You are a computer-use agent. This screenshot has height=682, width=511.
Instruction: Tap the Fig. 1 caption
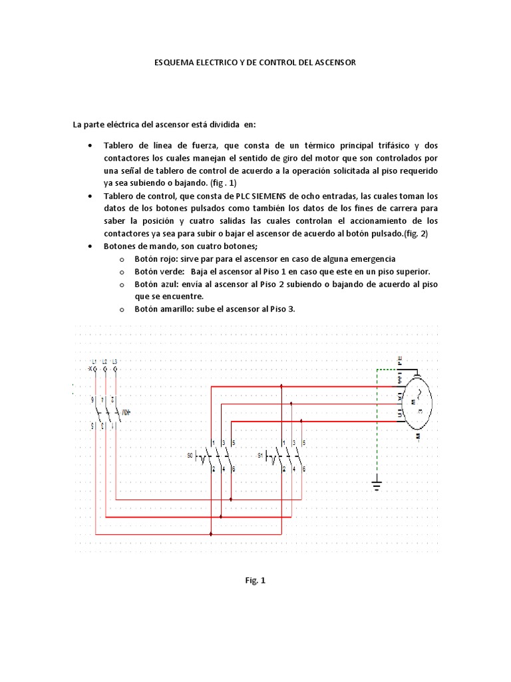click(x=255, y=581)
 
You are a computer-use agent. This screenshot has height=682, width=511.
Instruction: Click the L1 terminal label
click(x=94, y=362)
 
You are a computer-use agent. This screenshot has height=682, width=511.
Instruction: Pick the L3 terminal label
click(x=115, y=362)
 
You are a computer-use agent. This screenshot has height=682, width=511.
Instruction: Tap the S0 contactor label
click(x=190, y=456)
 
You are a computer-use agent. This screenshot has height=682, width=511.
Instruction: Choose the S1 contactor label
click(x=261, y=456)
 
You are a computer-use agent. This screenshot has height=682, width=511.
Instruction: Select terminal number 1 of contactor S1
click(x=284, y=443)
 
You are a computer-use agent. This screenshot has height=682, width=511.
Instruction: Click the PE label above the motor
click(x=399, y=360)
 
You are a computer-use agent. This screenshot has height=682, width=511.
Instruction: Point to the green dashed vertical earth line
click(x=377, y=420)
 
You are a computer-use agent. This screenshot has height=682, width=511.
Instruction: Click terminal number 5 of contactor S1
click(x=304, y=443)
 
